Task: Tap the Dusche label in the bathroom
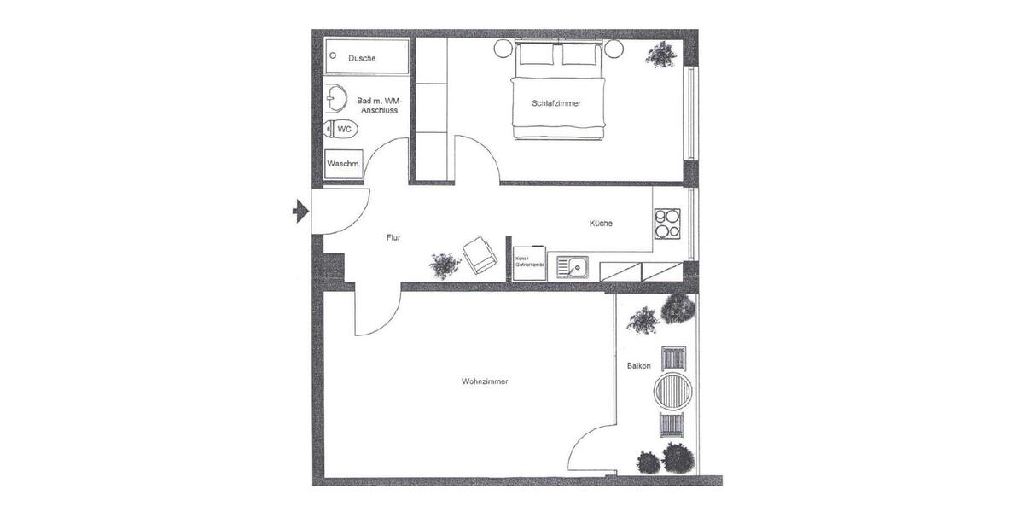pyautogui.click(x=362, y=58)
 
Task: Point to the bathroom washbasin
pyautogui.click(x=335, y=98)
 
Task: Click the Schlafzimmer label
pyautogui.click(x=556, y=103)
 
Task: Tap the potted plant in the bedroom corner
pyautogui.click(x=660, y=55)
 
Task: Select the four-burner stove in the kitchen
pyautogui.click(x=666, y=223)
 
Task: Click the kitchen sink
pyautogui.click(x=573, y=267)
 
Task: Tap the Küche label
pyautogui.click(x=601, y=224)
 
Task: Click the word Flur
pyautogui.click(x=393, y=238)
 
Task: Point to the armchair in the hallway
pyautogui.click(x=480, y=254)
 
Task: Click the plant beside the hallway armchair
pyautogui.click(x=444, y=265)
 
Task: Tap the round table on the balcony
pyautogui.click(x=673, y=391)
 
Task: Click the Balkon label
pyautogui.click(x=638, y=366)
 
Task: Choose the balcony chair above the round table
pyautogui.click(x=673, y=357)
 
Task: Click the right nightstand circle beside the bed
pyautogui.click(x=614, y=49)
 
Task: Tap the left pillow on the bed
pyautogui.click(x=537, y=55)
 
